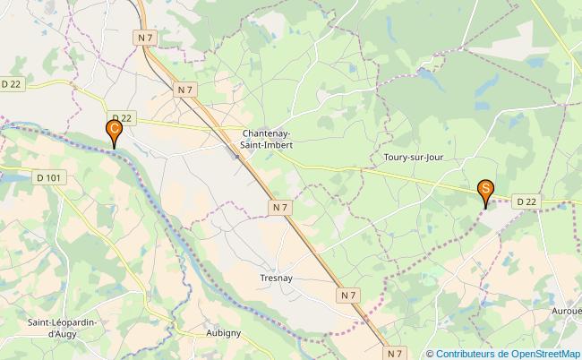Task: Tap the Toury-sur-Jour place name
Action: coord(413,157)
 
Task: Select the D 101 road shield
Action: coord(51,178)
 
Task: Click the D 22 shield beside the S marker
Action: coord(528,202)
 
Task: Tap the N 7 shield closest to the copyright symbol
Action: coord(395,353)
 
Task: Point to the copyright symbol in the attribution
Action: coord(431,354)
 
